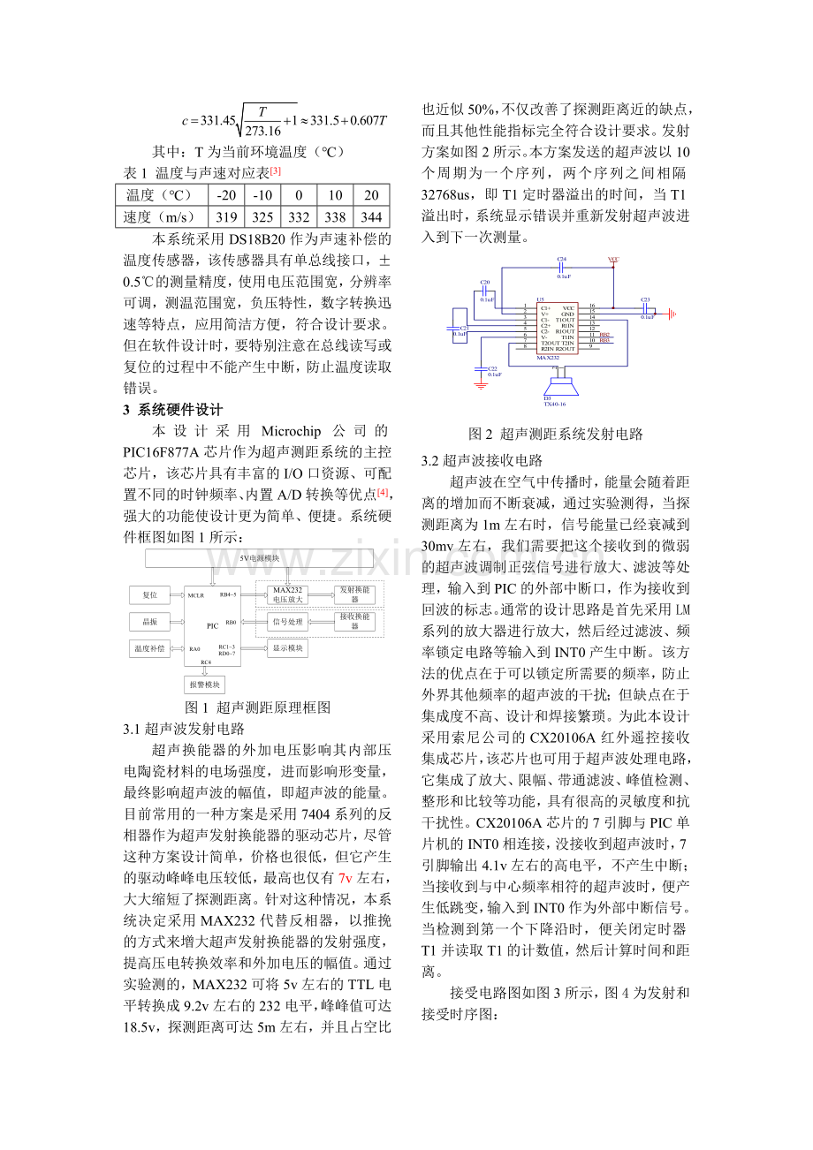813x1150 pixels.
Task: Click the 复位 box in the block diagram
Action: (x=149, y=595)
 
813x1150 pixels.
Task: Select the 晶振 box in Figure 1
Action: (x=149, y=622)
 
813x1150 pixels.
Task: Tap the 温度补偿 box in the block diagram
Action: (x=149, y=648)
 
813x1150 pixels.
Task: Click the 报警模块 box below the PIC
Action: (x=205, y=685)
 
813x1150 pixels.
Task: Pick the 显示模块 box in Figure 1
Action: (x=287, y=648)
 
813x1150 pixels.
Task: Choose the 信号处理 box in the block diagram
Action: (x=287, y=622)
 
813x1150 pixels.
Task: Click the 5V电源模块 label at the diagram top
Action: (x=259, y=558)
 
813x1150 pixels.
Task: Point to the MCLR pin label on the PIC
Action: (x=196, y=595)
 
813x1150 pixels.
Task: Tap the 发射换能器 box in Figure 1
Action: (x=354, y=594)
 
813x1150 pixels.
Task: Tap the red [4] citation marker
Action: (x=383, y=492)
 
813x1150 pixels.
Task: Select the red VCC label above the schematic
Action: (x=613, y=260)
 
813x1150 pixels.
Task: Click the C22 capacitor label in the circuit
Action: (x=493, y=368)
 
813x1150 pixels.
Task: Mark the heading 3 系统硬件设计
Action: (x=172, y=410)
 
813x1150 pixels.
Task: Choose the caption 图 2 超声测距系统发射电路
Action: (x=556, y=434)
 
